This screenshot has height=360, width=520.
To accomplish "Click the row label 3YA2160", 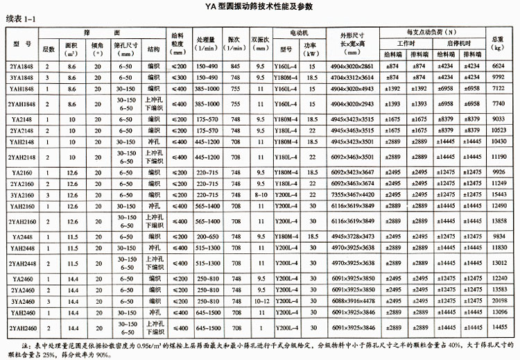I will [20, 196].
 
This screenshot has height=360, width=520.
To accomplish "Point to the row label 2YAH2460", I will [21, 327].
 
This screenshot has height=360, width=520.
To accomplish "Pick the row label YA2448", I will [21, 237].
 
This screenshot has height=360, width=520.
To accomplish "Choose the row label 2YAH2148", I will [21, 157].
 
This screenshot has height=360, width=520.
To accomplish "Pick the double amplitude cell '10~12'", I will [261, 302].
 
